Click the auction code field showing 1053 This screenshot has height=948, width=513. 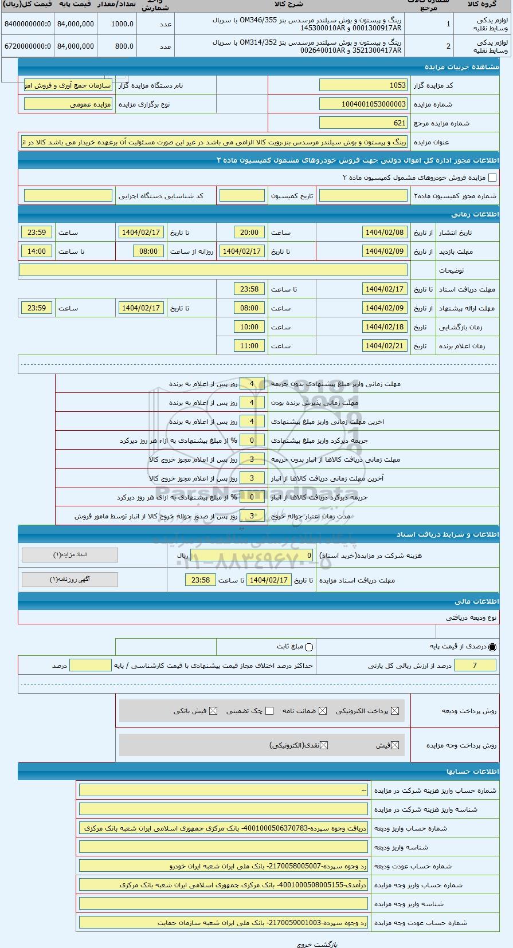[363, 85]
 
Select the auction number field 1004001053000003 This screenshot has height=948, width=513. [363, 104]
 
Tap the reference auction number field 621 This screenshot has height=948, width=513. [363, 123]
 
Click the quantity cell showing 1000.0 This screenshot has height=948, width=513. [116, 24]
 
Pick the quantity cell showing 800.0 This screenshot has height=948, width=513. [116, 46]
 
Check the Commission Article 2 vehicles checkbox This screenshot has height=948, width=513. [492, 178]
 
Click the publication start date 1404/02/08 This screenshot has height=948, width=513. [385, 233]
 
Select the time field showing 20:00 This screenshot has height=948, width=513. [249, 233]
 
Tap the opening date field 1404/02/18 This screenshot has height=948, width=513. [385, 327]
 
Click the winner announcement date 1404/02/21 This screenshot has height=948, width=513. [385, 346]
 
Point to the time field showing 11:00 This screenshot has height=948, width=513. [249, 346]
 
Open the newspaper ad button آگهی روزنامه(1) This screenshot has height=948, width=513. [70, 579]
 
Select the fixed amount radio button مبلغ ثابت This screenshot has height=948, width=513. [310, 647]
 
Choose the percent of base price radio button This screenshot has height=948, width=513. [492, 647]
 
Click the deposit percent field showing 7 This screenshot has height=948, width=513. [475, 665]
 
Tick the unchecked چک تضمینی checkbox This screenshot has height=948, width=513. [269, 711]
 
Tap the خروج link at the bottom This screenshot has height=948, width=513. [303, 944]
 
